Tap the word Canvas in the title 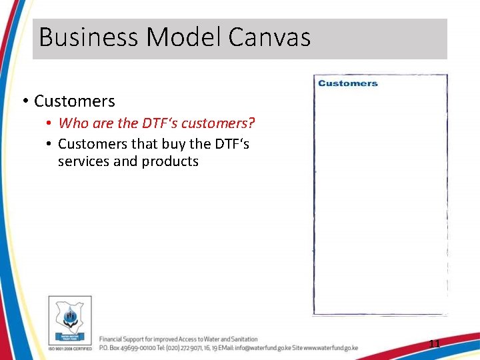coord(269,37)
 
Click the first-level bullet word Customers coord(74,101)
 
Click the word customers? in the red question coord(223,123)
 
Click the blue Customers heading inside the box coord(348,83)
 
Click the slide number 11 coord(434,344)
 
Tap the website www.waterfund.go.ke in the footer coord(331,348)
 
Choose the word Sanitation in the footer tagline coord(241,339)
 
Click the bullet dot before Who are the coord(49,124)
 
